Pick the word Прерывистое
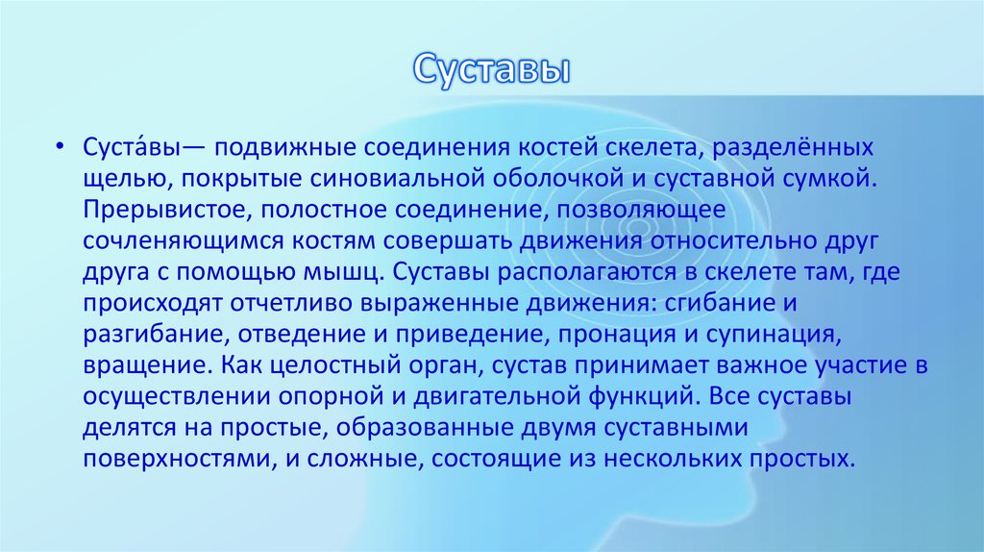click(145, 210)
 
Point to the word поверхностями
click(173, 458)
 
